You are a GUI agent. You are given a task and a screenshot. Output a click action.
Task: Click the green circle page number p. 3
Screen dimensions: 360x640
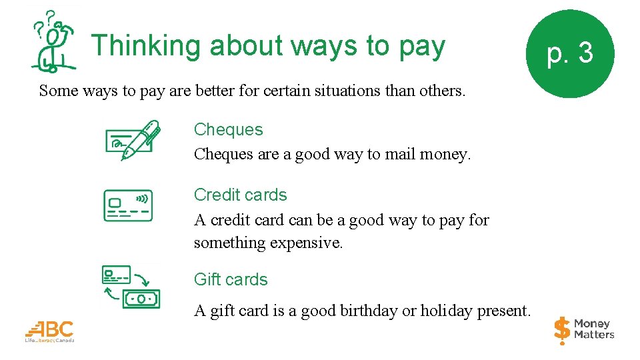[x=569, y=53]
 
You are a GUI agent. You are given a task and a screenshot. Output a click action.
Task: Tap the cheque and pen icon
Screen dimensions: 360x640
[x=133, y=140]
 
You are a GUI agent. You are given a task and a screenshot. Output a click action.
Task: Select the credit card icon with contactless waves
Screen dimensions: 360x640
[x=128, y=205]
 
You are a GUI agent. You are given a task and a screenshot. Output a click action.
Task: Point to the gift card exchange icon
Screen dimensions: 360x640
[x=131, y=287]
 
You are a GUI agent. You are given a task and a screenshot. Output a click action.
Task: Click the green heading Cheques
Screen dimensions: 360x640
[x=228, y=130]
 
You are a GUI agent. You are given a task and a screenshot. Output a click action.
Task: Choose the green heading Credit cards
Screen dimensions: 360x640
[x=240, y=195]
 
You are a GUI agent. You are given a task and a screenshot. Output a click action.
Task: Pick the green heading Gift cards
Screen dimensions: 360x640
[x=231, y=279]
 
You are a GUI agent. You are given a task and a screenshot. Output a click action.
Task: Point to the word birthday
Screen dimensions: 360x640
[x=369, y=311]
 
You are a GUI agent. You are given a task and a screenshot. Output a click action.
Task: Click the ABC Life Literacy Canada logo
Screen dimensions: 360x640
[x=50, y=331]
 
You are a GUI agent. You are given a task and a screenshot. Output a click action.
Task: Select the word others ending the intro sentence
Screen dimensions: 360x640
[x=441, y=91]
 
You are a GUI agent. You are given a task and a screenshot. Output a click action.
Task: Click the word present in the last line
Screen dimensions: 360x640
[x=507, y=311]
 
